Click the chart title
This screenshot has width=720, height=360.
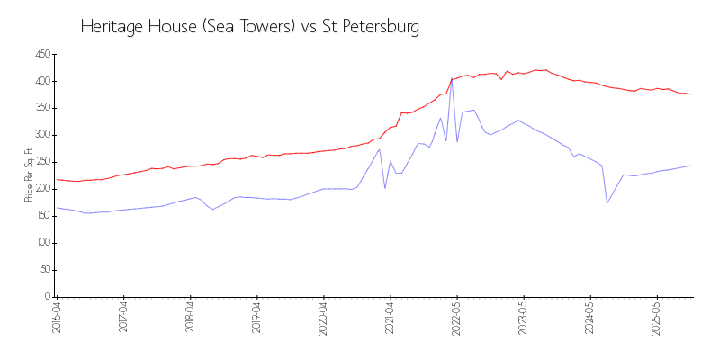coord(249,27)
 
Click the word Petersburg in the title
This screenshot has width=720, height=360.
coord(373,27)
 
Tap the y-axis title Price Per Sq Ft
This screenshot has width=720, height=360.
coord(30,175)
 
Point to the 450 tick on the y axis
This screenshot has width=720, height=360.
coord(41,55)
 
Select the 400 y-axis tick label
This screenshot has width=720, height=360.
coord(41,82)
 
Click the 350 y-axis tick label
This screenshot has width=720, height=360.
coord(41,109)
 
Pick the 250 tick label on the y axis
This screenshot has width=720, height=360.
coord(41,163)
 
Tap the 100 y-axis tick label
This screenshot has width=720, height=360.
coord(41,243)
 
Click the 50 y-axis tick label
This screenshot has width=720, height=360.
coord(43,270)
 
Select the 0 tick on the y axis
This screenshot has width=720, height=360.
coord(47,297)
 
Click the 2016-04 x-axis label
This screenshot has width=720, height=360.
coord(57,319)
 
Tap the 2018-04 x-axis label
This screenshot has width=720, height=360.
coord(190,319)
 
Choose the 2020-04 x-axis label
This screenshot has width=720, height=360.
coord(324,319)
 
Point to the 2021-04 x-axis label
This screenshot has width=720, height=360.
coord(391,319)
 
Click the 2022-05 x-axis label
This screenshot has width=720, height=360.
coord(457,319)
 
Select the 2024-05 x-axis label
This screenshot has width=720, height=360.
coord(590,319)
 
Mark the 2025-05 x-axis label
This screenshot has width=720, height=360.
coord(657,319)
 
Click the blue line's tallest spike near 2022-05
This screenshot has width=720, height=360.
coord(452,79)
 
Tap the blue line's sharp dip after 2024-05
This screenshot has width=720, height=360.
coord(607,202)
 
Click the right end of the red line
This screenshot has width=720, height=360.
coord(690,94)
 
